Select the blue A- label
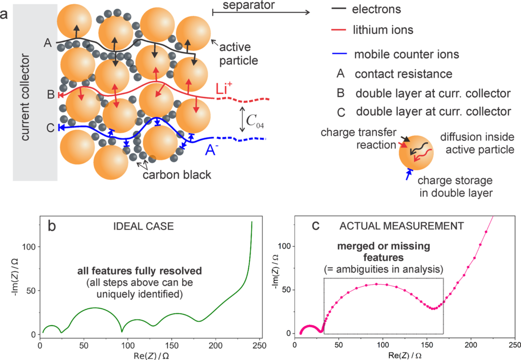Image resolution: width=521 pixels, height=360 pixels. point(213,150)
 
